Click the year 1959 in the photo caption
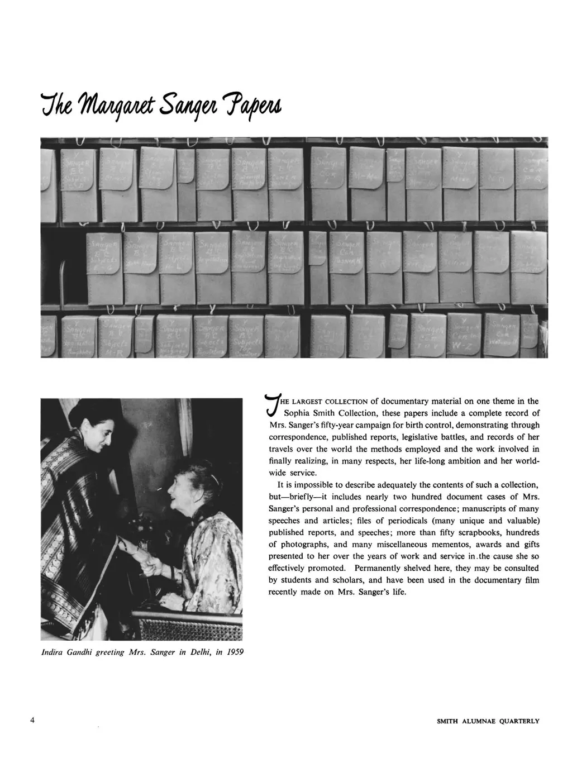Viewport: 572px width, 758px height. [x=234, y=652]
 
